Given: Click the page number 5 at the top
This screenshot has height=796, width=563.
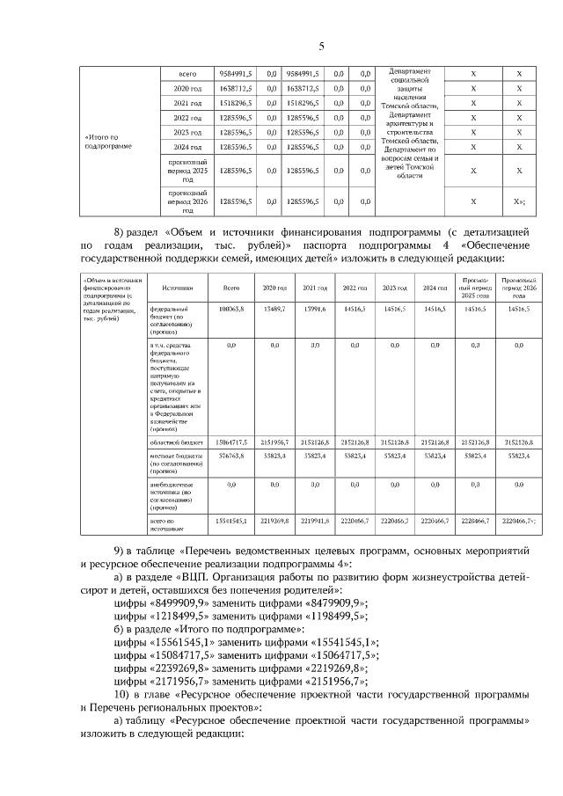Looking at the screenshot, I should pos(321,46).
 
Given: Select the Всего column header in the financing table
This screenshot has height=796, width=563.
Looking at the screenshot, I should pos(231,288).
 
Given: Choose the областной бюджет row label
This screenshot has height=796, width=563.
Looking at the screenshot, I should pos(176,442).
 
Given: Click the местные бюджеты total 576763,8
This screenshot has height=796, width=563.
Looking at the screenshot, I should pos(231,457).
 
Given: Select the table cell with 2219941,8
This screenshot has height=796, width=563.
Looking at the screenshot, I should pos(315,522).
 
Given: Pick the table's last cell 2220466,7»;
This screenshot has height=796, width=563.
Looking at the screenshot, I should pos(519,522).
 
